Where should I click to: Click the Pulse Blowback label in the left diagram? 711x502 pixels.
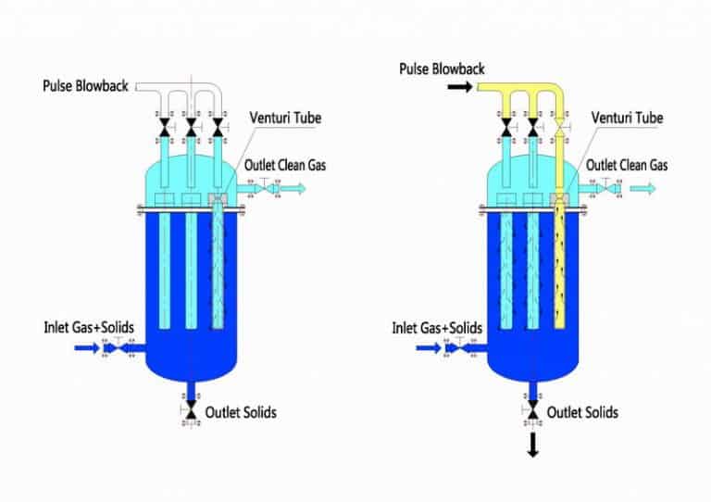point(86,86)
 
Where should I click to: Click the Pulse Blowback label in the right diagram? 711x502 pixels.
point(442,69)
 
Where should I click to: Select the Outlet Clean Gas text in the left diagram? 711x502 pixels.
point(286,165)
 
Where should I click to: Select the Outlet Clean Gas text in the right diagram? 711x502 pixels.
point(628,165)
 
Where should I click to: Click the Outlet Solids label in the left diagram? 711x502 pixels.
point(241,411)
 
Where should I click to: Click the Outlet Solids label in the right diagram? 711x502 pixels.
point(582,411)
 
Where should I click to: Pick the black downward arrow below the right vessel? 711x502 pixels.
point(533,447)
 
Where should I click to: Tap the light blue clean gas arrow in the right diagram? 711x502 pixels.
point(644,189)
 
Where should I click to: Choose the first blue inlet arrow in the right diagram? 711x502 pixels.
point(429,349)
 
